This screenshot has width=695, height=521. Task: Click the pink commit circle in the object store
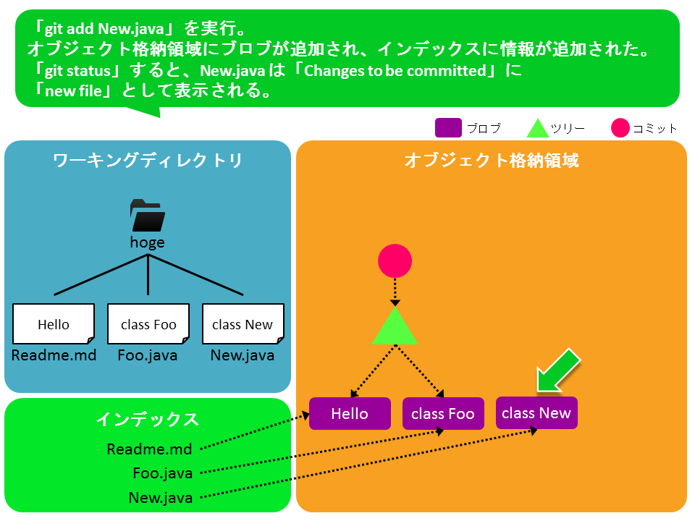pyautogui.click(x=395, y=261)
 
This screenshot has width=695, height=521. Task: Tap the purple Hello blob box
pyautogui.click(x=350, y=414)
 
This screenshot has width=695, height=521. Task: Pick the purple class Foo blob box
pyautogui.click(x=442, y=414)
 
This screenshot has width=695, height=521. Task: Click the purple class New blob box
pyautogui.click(x=536, y=412)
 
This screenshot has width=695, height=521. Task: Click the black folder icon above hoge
pyautogui.click(x=148, y=216)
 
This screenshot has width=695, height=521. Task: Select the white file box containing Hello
pyautogui.click(x=54, y=324)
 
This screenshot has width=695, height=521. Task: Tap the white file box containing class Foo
pyautogui.click(x=148, y=324)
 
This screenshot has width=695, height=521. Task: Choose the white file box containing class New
pyautogui.click(x=243, y=324)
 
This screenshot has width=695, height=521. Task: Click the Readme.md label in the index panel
pyautogui.click(x=150, y=449)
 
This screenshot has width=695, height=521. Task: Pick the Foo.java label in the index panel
pyautogui.click(x=163, y=473)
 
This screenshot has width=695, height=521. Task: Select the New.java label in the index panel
pyautogui.click(x=161, y=498)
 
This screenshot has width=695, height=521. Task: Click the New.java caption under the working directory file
pyautogui.click(x=243, y=355)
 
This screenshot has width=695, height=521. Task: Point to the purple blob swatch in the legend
pyautogui.click(x=448, y=128)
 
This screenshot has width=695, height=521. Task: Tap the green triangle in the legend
pyautogui.click(x=537, y=129)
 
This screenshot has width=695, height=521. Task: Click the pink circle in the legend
pyautogui.click(x=620, y=128)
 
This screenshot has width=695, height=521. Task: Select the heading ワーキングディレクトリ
pyautogui.click(x=148, y=161)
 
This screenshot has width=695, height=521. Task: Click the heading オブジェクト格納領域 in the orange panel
pyautogui.click(x=491, y=161)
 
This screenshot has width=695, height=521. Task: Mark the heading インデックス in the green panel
pyautogui.click(x=148, y=419)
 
